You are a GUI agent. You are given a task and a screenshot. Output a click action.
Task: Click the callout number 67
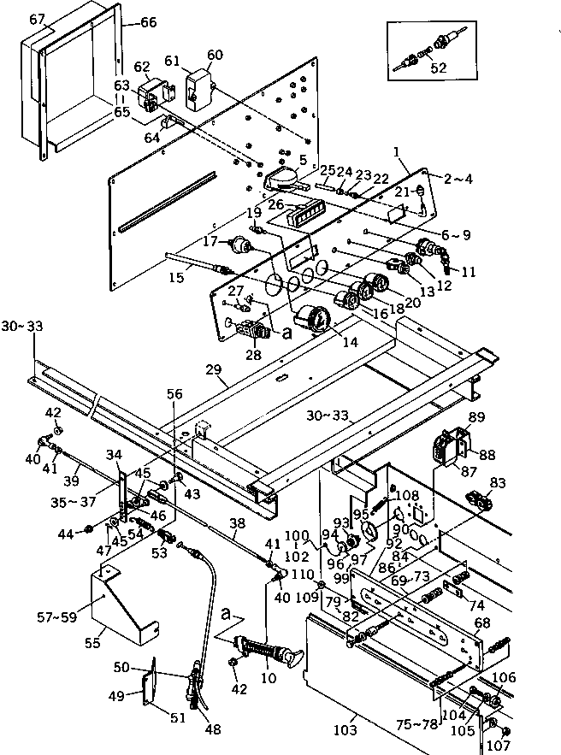(x=36, y=20)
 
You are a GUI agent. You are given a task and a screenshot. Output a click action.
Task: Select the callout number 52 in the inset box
(x=439, y=69)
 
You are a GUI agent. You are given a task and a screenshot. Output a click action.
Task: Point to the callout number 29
(x=213, y=369)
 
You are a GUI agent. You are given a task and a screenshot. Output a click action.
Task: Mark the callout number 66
(x=148, y=23)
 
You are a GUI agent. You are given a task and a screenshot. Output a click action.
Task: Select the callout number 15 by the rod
(x=176, y=279)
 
